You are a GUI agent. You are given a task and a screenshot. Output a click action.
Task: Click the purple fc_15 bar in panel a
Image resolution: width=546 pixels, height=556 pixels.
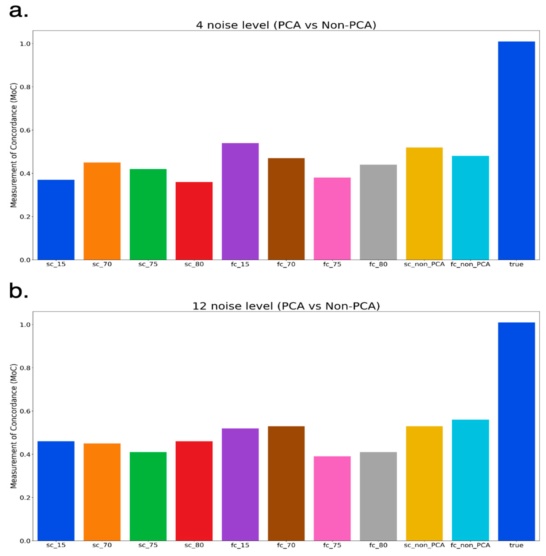[x=240, y=201]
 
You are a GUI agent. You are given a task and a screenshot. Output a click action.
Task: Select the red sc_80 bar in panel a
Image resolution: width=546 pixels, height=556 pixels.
[x=194, y=221]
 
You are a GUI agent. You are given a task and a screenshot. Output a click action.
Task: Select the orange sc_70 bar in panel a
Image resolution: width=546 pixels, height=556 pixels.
[x=102, y=211]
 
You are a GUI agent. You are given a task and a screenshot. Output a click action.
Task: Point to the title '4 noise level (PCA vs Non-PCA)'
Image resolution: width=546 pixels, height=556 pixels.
[x=286, y=25]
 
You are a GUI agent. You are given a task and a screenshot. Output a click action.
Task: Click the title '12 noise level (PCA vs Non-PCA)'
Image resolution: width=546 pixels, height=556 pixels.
[x=286, y=306]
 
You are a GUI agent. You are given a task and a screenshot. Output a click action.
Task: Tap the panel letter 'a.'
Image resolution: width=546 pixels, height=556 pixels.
[x=19, y=11]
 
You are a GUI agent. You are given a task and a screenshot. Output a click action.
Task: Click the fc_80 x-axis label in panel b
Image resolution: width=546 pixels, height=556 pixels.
[x=378, y=545]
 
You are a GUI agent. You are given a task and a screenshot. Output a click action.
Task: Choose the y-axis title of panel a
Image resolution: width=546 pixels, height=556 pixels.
[x=13, y=145]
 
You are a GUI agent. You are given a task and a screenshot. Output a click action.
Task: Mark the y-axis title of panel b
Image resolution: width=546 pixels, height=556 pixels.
[x=13, y=426]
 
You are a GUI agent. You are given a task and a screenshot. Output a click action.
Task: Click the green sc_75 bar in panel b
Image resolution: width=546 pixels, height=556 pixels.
[x=148, y=496]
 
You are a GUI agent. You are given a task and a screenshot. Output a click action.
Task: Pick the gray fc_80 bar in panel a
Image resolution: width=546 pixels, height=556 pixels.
[x=378, y=212]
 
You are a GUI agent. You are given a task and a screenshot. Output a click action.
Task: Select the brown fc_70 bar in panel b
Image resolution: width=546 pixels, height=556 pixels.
[x=286, y=483]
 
